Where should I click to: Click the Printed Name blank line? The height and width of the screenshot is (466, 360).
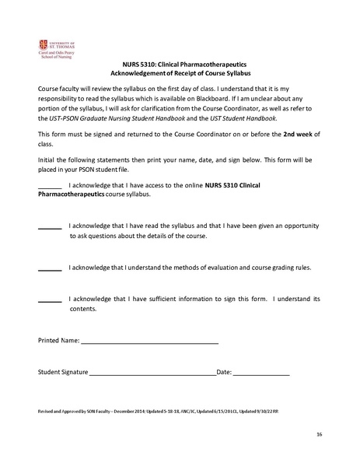pos(149,341)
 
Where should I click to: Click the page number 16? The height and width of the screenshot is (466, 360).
pos(319,433)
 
